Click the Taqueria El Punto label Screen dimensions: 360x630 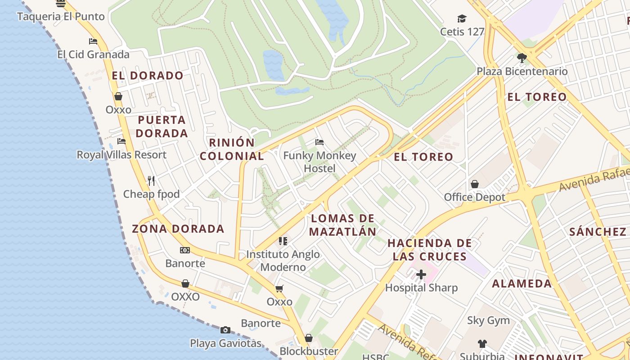pyautogui.click(x=61, y=17)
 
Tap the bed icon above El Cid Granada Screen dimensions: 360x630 pyautogui.click(x=93, y=41)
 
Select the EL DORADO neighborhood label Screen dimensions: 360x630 pyautogui.click(x=148, y=76)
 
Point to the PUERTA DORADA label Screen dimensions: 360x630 pyautogui.click(x=162, y=126)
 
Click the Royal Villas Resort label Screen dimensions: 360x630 pyautogui.click(x=121, y=155)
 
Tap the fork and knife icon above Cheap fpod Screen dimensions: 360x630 pyautogui.click(x=151, y=181)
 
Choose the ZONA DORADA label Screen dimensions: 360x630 pyautogui.click(x=178, y=229)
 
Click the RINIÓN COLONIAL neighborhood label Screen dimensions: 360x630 pyautogui.click(x=232, y=149)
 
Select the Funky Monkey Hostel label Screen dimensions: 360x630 pyautogui.click(x=319, y=162)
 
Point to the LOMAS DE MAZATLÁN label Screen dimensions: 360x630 pyautogui.click(x=343, y=225)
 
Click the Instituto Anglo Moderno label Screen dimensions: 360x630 pyautogui.click(x=283, y=261)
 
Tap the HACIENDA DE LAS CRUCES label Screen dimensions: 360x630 pyautogui.click(x=430, y=250)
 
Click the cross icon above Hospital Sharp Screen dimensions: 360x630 pyautogui.click(x=421, y=274)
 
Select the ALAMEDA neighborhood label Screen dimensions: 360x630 pyautogui.click(x=522, y=283)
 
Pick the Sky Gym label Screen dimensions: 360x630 pyautogui.click(x=488, y=320)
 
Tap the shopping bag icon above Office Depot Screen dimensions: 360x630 pyautogui.click(x=474, y=184)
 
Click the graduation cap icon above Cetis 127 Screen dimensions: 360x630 pyautogui.click(x=462, y=18)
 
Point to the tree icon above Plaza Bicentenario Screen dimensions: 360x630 pyautogui.click(x=522, y=58)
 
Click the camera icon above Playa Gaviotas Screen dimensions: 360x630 pyautogui.click(x=225, y=330)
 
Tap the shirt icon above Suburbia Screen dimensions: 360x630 pyautogui.click(x=482, y=344)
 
